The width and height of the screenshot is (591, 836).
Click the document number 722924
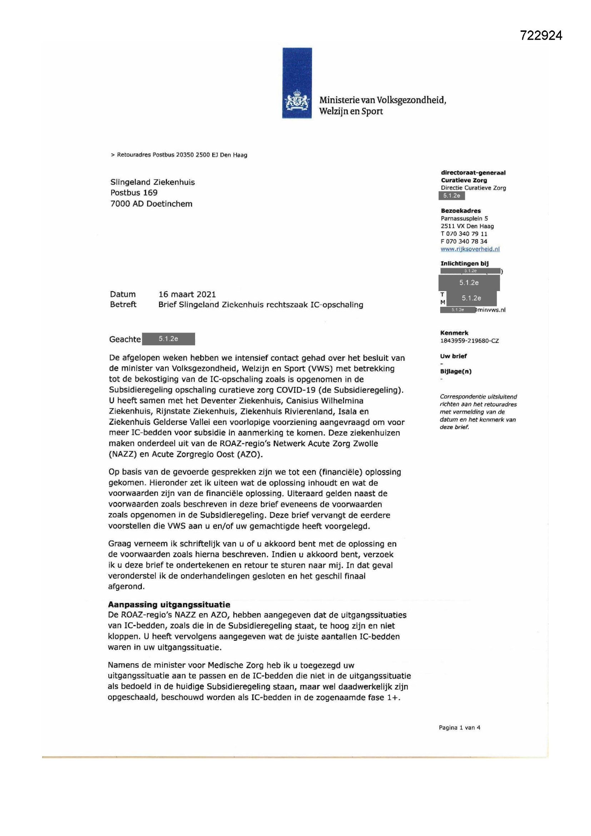[x=541, y=35]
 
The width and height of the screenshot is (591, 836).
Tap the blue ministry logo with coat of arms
[x=297, y=83]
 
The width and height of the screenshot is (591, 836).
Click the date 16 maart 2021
[x=187, y=294]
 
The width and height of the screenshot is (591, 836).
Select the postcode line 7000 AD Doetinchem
[x=152, y=204]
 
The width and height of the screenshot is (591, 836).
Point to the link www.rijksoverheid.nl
[x=470, y=249]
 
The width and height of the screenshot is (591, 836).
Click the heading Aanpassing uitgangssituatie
[x=169, y=605]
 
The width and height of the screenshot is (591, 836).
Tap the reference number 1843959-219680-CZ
[x=470, y=341]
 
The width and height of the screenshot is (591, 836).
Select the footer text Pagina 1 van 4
[x=459, y=728]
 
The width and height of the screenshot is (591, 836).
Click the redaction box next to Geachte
[x=168, y=339]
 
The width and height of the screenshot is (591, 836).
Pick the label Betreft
[x=123, y=304]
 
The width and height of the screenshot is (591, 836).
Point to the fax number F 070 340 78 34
[x=464, y=241]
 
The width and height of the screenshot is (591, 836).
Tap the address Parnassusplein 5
[x=465, y=218]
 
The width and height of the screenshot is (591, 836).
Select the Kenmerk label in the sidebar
[x=454, y=333]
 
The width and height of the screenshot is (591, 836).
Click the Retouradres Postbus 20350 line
[x=179, y=155]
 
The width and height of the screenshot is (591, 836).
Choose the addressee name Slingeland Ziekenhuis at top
[x=153, y=182]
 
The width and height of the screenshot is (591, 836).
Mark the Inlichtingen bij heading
[x=465, y=264]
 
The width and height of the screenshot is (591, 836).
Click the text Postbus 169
[x=134, y=193]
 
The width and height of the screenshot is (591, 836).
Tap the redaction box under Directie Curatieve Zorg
[x=452, y=196]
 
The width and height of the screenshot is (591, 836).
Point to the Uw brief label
[x=453, y=356]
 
